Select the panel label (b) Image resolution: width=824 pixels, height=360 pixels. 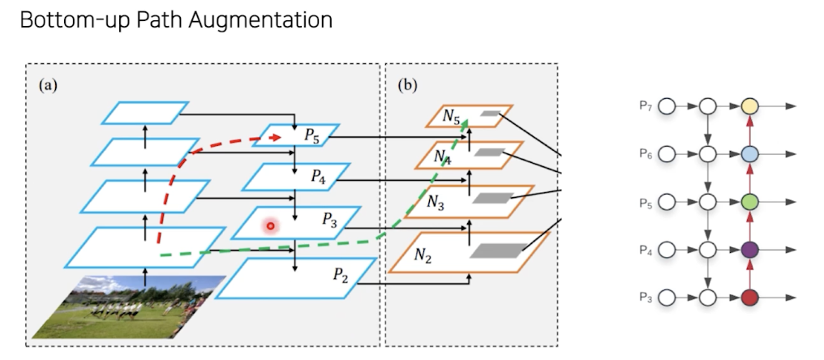tap(407, 86)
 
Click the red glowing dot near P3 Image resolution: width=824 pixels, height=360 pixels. tap(271, 226)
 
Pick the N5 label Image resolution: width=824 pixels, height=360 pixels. tap(451, 117)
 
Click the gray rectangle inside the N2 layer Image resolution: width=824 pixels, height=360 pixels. tap(498, 251)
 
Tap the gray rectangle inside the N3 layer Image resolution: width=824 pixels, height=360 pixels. tap(491, 198)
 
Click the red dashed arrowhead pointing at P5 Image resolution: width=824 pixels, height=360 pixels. tap(274, 137)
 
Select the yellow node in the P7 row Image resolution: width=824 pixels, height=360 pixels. tap(750, 107)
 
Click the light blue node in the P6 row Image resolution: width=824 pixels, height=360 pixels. tap(750, 155)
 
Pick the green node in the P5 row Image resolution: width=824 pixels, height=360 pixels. tap(750, 202)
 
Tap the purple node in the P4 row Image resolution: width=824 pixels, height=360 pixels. tap(750, 250)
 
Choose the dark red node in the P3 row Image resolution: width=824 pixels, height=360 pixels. tap(750, 298)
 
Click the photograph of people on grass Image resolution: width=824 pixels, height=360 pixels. tap(129, 307)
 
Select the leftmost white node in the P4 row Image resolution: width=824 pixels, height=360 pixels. tap(667, 250)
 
